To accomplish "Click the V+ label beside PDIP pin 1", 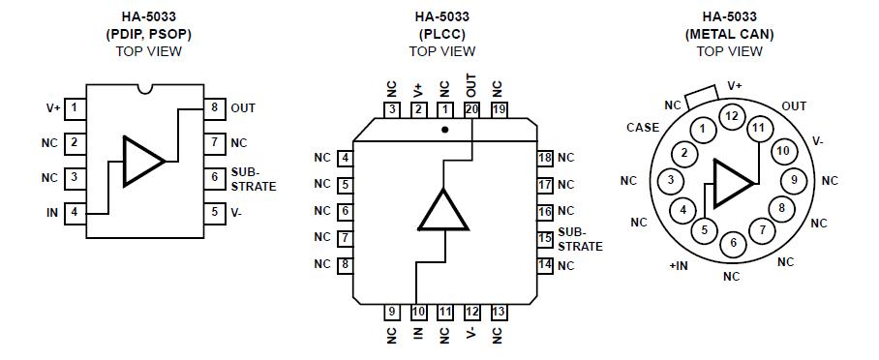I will pos(52,107).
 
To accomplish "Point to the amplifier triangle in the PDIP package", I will pos(143,160).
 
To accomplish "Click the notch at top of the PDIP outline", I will pos(145,90).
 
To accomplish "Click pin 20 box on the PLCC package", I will pos(471,109).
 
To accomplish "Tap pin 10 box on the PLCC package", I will pos(418,312).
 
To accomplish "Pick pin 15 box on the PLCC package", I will pos(545,237).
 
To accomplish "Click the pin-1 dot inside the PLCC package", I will pos(444,128).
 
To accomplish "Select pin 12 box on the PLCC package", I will pos(471,312).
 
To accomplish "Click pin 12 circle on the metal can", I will pos(731,116).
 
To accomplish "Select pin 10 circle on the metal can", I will pos(783,151).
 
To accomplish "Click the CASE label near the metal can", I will pos(643,127).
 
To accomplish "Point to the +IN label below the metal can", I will pos(679,264).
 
